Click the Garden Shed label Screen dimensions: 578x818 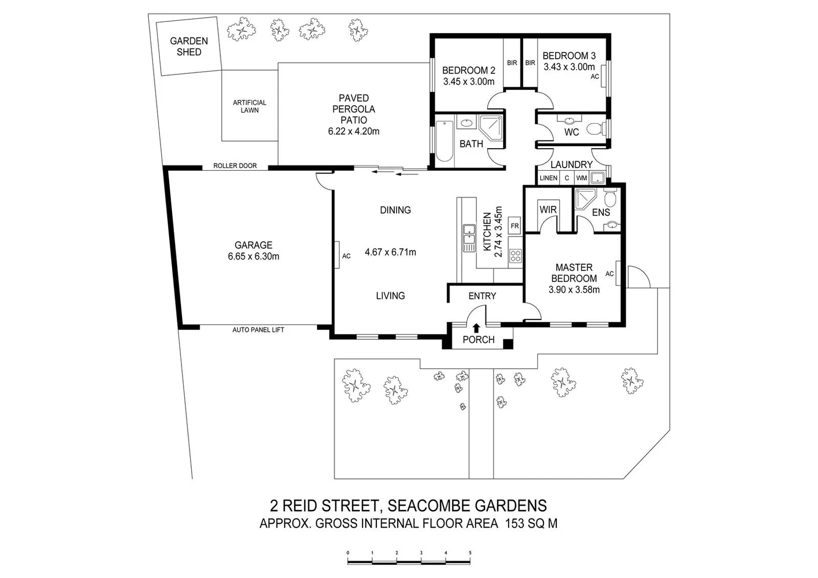point(189,47)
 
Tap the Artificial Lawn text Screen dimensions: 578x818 point(249,107)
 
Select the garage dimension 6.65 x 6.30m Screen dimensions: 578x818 point(253,257)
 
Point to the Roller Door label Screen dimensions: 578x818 point(235,166)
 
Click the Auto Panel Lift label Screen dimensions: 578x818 point(258,330)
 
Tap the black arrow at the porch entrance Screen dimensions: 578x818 point(476,328)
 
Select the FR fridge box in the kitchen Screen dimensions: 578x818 point(514,226)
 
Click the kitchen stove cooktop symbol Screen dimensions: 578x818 point(516,256)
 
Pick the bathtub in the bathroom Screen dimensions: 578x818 point(444,141)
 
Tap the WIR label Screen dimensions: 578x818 point(548,210)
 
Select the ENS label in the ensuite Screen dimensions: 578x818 point(601,212)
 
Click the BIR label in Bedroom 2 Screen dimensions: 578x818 point(512,63)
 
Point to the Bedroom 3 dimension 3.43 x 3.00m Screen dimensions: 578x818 point(569,67)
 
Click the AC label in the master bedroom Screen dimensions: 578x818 point(609,274)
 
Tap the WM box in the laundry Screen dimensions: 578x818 point(581,178)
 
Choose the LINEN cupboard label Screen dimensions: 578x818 point(548,178)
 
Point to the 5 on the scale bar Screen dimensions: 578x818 point(470,553)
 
